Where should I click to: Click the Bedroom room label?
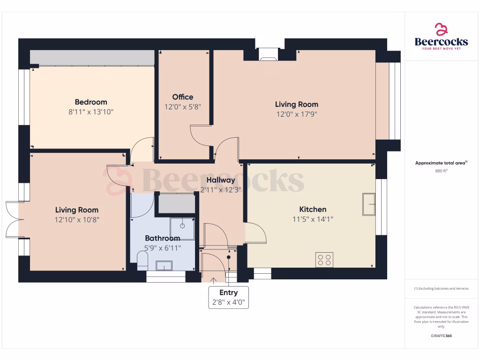91,102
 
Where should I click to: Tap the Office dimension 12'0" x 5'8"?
182,107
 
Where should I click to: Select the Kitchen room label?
313,209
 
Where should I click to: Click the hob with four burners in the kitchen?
324,259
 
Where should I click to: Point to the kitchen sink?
369,207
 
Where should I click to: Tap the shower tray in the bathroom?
182,226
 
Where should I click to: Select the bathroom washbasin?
164,266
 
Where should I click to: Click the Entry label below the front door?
228,292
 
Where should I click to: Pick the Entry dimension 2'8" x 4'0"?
228,302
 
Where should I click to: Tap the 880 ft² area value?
441,171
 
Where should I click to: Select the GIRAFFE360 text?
441,336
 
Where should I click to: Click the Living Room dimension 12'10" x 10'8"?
77,219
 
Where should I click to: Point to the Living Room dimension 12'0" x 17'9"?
296,114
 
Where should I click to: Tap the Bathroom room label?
162,238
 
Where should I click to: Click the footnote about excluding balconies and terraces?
441,288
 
